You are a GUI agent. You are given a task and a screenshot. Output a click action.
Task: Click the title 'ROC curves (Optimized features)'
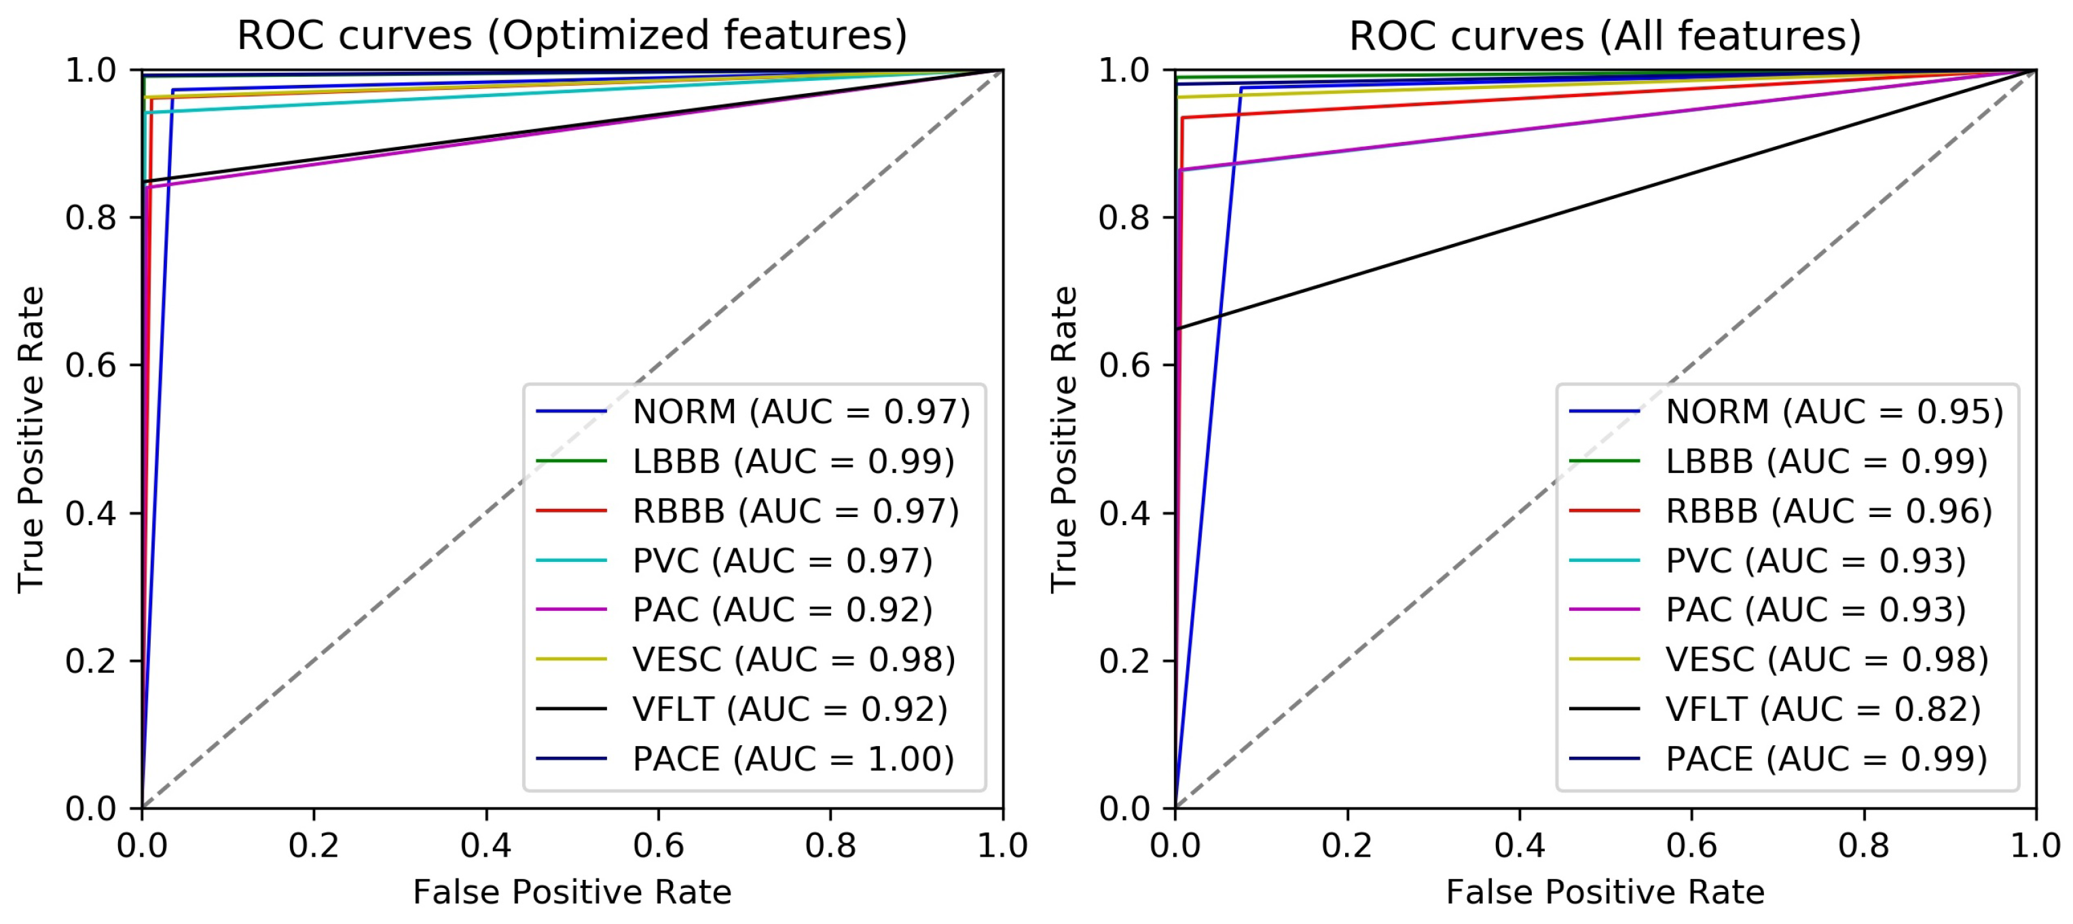point(571,35)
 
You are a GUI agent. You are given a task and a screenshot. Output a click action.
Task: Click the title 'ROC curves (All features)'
point(1604,35)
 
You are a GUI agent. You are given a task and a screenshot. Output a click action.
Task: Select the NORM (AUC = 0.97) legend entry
point(801,411)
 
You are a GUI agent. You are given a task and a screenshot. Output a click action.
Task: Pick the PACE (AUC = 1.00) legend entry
point(792,758)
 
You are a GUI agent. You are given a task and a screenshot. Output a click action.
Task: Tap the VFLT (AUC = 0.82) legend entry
point(1822,709)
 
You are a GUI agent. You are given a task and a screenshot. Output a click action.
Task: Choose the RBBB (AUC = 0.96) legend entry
point(1829,510)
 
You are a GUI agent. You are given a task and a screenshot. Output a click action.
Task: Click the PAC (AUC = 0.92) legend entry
point(782,609)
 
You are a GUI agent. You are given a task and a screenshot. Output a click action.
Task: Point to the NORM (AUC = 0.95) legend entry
point(1834,411)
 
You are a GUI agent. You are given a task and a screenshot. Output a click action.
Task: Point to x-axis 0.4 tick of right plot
point(1520,845)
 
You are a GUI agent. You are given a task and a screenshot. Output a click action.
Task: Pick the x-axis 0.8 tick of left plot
point(830,845)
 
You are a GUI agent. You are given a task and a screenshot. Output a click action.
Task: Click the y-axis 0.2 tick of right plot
point(1124,661)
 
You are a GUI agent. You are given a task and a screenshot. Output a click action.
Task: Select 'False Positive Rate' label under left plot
point(571,892)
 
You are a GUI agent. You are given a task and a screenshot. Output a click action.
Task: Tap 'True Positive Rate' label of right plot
point(1063,439)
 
